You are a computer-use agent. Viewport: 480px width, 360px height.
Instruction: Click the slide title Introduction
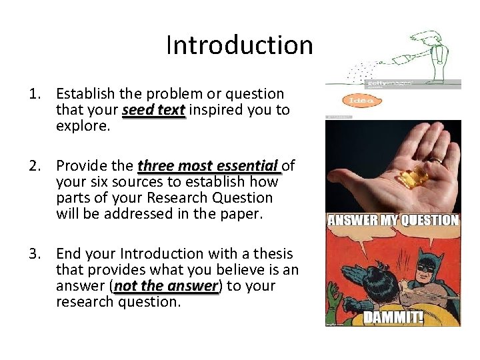tap(239, 45)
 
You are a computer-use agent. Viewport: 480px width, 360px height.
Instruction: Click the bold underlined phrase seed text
tap(153, 110)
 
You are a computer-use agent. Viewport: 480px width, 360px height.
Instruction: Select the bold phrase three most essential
tap(208, 165)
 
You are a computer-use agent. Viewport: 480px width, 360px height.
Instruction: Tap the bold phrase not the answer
tap(166, 286)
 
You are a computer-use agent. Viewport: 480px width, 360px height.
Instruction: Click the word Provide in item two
tap(81, 165)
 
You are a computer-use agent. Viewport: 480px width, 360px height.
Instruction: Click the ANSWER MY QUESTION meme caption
tap(393, 220)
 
